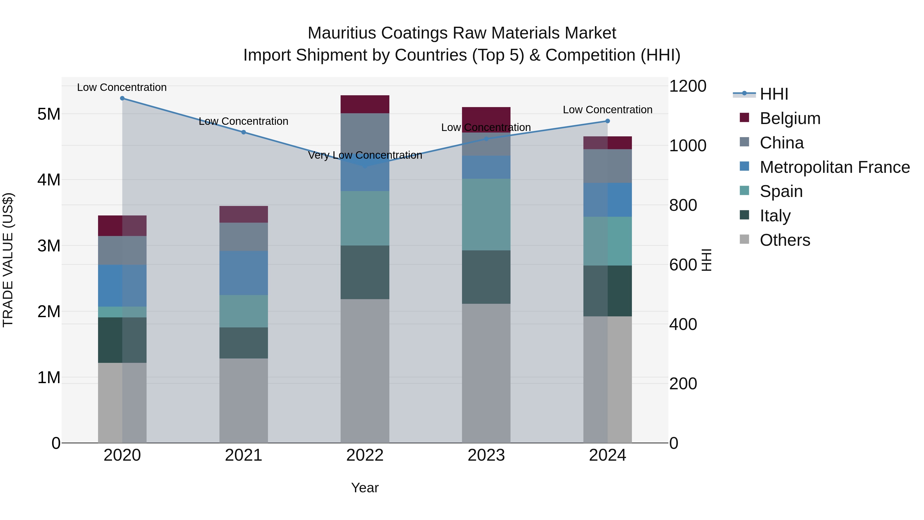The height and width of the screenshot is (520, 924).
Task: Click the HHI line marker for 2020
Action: (x=122, y=98)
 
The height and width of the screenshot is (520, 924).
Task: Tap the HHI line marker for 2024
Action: (x=607, y=121)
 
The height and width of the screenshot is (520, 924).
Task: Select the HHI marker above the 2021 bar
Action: (x=244, y=132)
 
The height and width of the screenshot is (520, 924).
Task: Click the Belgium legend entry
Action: (x=790, y=118)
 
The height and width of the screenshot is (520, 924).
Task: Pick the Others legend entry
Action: (x=784, y=240)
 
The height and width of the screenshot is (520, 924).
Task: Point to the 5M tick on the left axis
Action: (x=49, y=114)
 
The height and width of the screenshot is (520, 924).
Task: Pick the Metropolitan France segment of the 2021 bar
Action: (x=244, y=273)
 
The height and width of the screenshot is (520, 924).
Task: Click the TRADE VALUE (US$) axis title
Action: (x=8, y=260)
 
